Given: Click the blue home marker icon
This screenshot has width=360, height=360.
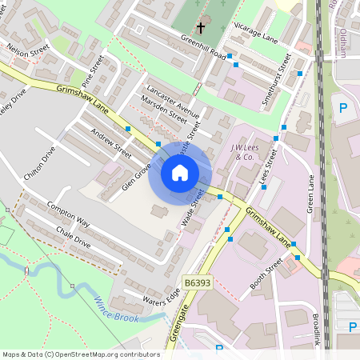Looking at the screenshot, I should tap(180, 173).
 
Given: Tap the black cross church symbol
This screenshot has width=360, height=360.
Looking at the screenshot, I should tap(201, 27).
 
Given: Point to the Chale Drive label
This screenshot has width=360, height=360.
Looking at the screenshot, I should tap(74, 238).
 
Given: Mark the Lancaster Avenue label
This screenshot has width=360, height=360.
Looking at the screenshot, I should tap(173, 98).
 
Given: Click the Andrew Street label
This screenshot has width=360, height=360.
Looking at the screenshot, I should tap(111, 142).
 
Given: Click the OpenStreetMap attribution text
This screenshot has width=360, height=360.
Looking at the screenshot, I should tap(81, 354).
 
